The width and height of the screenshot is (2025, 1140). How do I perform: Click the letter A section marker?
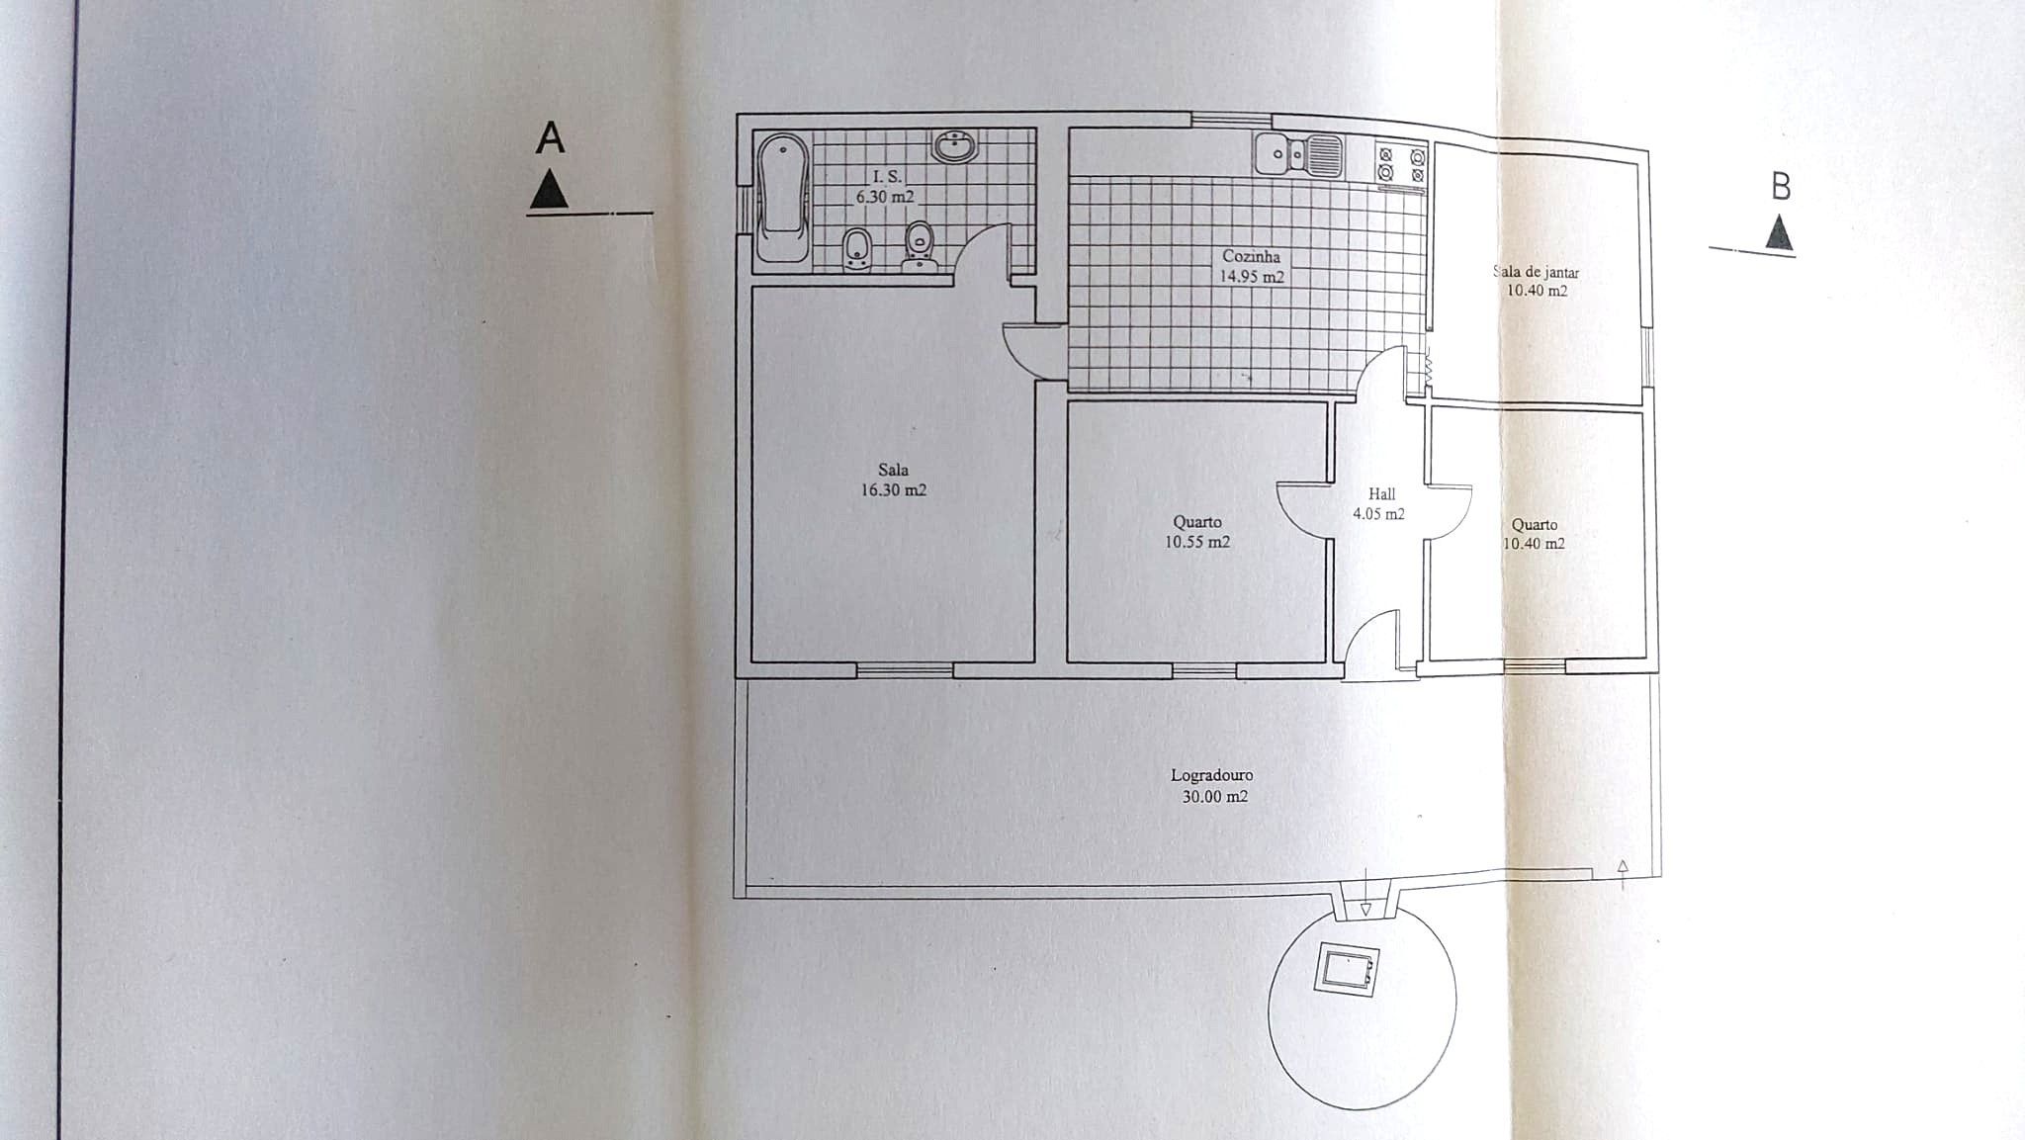[x=550, y=138]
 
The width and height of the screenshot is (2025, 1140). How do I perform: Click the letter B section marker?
[x=1780, y=187]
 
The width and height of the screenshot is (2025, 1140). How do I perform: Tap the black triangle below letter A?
[x=549, y=190]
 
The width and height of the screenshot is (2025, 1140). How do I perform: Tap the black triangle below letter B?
[x=1779, y=234]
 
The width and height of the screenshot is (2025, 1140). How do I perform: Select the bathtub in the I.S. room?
[x=782, y=199]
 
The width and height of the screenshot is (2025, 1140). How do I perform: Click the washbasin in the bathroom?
[x=954, y=148]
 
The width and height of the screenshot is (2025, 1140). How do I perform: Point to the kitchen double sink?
[x=1298, y=155]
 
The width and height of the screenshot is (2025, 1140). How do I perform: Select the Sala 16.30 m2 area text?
[x=893, y=481]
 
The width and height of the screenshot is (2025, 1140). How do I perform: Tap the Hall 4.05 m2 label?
[x=1380, y=503]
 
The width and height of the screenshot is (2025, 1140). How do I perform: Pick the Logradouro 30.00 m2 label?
[x=1212, y=786]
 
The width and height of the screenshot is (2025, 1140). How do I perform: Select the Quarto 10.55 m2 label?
[x=1197, y=532]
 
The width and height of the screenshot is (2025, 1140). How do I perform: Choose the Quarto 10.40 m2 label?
[x=1534, y=534]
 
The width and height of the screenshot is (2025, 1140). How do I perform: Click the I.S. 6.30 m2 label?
[x=886, y=186]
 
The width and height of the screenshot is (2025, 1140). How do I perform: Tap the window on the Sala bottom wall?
[x=904, y=670]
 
